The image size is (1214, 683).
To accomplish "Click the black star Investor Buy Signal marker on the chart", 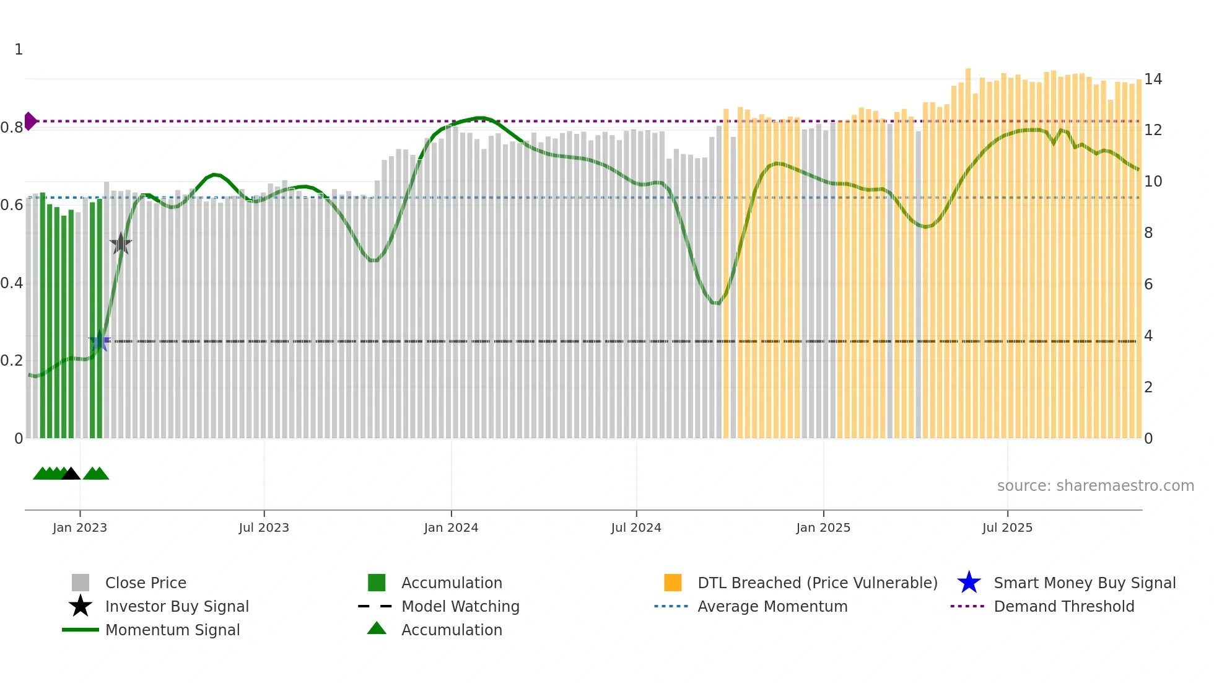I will click(x=121, y=244).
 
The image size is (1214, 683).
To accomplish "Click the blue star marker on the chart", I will click(x=99, y=341).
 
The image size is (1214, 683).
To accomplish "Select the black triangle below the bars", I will click(x=71, y=474).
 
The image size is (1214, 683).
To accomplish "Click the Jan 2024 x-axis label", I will click(x=451, y=527).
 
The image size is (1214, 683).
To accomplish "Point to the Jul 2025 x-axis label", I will click(x=1007, y=527).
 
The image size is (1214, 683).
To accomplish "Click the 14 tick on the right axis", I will click(x=1153, y=79).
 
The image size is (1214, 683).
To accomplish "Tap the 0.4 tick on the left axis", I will click(x=12, y=283).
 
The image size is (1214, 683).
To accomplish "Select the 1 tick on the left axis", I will click(x=19, y=49).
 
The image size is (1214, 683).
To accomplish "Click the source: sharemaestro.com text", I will click(x=1095, y=485).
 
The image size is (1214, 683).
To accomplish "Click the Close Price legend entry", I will click(x=146, y=583).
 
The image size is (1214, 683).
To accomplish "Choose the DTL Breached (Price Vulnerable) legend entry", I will click(x=817, y=583).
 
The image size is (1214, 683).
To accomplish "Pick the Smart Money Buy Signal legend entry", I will click(x=1084, y=583).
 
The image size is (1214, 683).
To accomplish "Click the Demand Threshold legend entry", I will click(x=1063, y=606).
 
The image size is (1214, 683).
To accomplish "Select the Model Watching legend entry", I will click(x=460, y=606).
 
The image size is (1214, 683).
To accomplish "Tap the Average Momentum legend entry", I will click(x=772, y=606).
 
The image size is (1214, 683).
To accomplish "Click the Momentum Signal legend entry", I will click(x=172, y=630).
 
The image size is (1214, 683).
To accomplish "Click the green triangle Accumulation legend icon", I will click(x=377, y=628).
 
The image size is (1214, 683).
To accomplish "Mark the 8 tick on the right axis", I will click(x=1148, y=232).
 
